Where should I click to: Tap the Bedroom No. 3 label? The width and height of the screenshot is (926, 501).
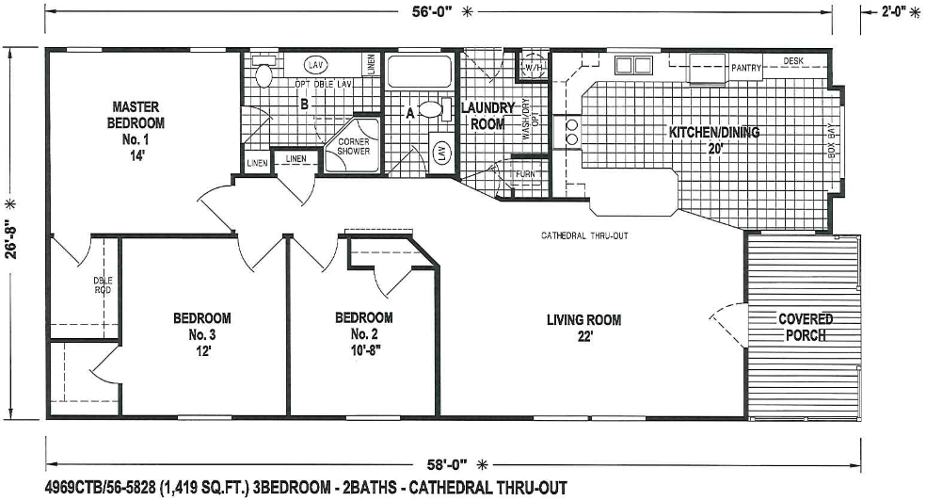pyautogui.click(x=201, y=333)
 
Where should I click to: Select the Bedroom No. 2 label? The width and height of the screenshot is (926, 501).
pyautogui.click(x=364, y=333)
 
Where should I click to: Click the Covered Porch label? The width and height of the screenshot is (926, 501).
pyautogui.click(x=805, y=327)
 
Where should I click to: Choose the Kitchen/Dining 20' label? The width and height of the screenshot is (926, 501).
pyautogui.click(x=713, y=139)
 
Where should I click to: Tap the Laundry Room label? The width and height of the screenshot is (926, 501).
pyautogui.click(x=487, y=116)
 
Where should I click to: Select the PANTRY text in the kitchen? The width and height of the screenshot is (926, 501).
pyautogui.click(x=745, y=68)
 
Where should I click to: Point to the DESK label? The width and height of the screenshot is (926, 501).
pyautogui.click(x=795, y=61)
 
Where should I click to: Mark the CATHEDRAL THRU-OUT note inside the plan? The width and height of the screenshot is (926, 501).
pyautogui.click(x=584, y=234)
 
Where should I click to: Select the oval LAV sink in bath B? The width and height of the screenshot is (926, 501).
pyautogui.click(x=317, y=65)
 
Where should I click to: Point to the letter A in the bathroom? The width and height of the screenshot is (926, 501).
pyautogui.click(x=410, y=112)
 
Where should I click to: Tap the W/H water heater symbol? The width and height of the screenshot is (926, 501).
pyautogui.click(x=534, y=67)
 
